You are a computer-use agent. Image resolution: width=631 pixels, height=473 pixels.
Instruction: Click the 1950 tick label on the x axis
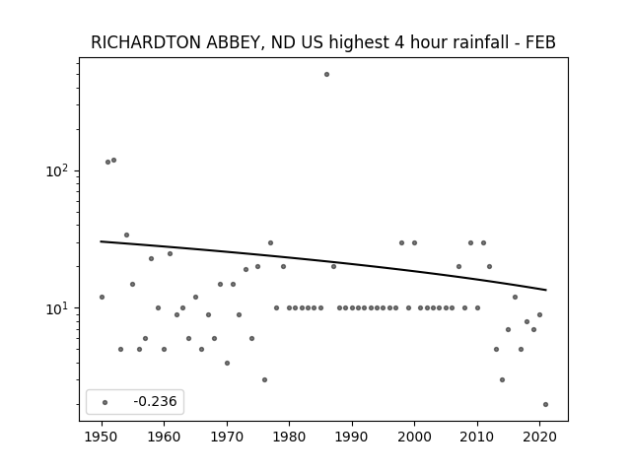(102, 437)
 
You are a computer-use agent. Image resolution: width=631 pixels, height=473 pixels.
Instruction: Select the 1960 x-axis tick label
(165, 437)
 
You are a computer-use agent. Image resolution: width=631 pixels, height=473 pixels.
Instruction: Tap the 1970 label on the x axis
(227, 437)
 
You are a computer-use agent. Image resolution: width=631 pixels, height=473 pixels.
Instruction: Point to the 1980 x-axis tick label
(289, 437)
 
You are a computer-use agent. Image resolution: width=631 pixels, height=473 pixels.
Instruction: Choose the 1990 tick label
(352, 437)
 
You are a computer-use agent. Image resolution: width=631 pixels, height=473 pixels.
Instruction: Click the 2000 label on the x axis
(414, 437)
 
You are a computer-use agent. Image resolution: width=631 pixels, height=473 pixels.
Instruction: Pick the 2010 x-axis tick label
(477, 437)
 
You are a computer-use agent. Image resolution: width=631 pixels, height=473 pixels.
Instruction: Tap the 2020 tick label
(539, 437)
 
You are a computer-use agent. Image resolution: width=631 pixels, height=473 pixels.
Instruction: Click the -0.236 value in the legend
(155, 401)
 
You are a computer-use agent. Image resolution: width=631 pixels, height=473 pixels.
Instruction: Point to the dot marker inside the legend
(105, 402)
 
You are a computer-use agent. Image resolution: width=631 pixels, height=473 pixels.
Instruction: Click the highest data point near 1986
(326, 75)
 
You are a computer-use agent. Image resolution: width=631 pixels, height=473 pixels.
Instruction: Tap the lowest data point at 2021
(545, 405)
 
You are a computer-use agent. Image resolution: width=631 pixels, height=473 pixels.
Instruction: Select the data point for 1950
(102, 298)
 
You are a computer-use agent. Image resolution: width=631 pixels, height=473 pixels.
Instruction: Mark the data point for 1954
(127, 235)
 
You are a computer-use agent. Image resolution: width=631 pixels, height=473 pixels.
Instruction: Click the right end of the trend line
(546, 290)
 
